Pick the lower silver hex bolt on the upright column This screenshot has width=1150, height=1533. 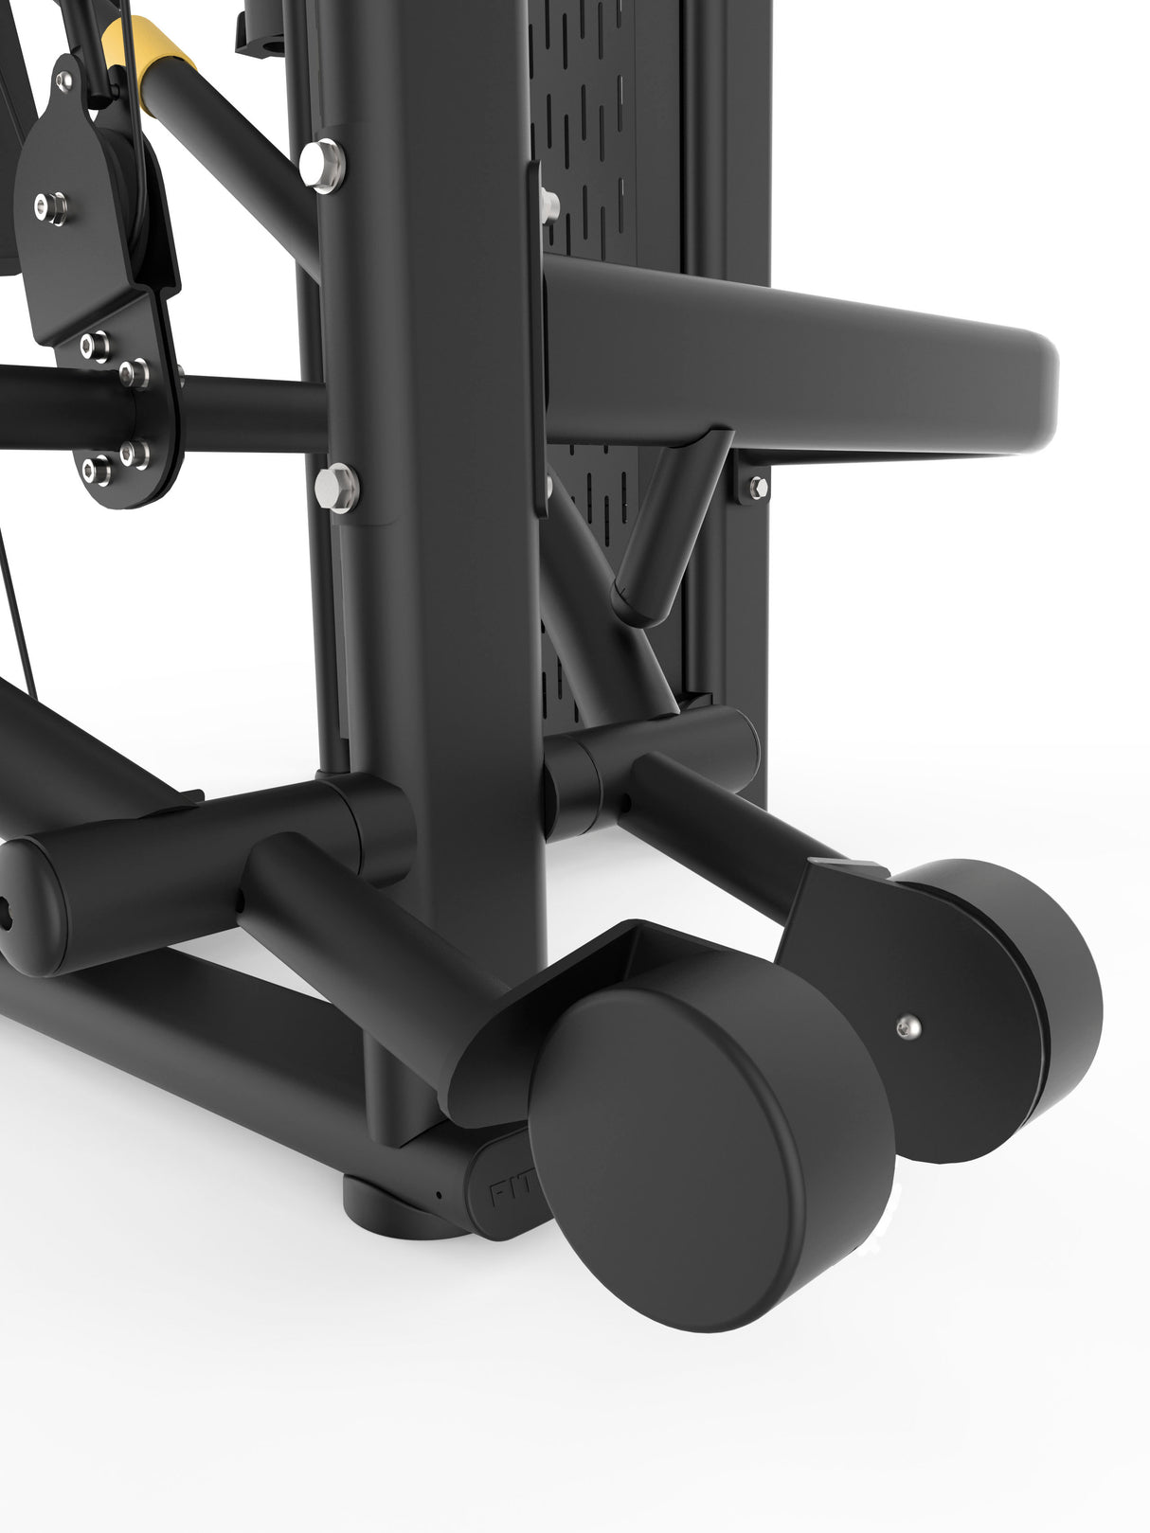coord(336,487)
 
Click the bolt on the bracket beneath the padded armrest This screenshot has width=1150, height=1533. coord(758,488)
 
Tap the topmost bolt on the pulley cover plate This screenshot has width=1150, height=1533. coord(63,83)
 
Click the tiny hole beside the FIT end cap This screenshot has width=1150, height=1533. coord(439,1194)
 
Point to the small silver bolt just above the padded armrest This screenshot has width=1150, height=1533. coord(548,200)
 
